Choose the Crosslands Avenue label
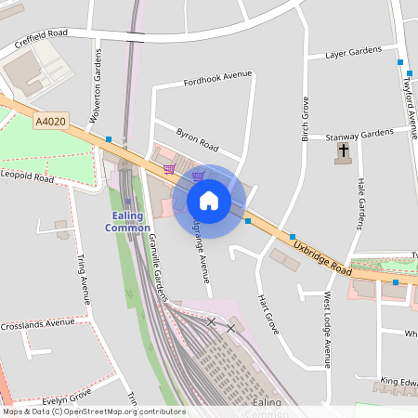(37, 325)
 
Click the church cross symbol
(344, 150)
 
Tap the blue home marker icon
(209, 201)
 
